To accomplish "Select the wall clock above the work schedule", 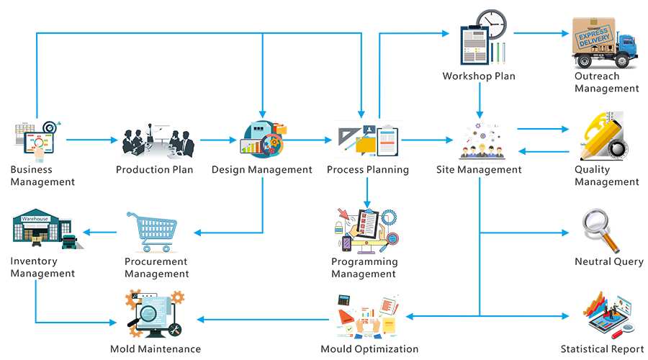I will (492, 23).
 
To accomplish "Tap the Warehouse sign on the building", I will (34, 215).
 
